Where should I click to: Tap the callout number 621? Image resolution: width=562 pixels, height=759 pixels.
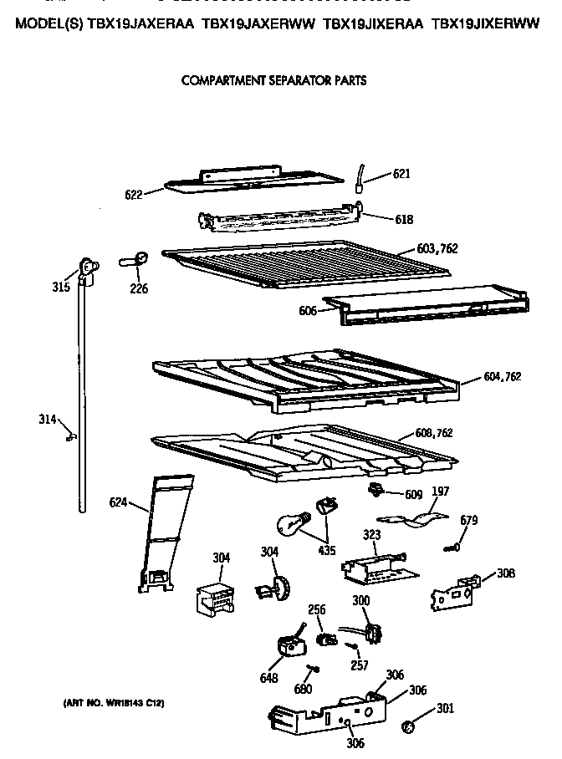[402, 175]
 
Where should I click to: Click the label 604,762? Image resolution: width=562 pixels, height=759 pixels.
[502, 377]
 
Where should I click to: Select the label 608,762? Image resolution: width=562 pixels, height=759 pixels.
[434, 433]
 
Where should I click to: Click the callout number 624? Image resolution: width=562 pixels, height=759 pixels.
[119, 502]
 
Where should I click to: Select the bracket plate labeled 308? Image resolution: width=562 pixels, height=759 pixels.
[452, 591]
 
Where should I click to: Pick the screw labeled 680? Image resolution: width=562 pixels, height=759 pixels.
[311, 670]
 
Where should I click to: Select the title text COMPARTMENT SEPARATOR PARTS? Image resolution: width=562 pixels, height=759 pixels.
[273, 81]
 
